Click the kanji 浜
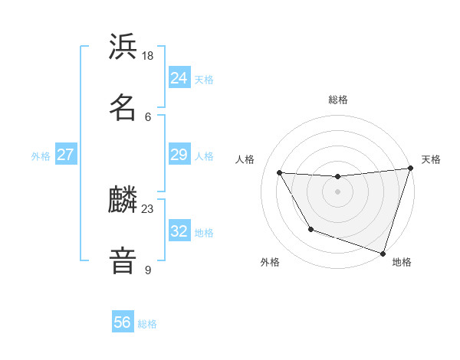(123, 47)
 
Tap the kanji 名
(123, 107)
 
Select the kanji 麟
(123, 201)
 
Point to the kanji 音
(123, 261)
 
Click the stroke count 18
(148, 56)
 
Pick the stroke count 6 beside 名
(148, 116)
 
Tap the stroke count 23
(148, 209)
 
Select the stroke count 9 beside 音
(148, 270)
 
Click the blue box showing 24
(179, 77)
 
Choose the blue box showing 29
(179, 155)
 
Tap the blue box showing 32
(179, 231)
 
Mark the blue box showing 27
(66, 155)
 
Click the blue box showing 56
(123, 322)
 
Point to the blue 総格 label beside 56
(147, 324)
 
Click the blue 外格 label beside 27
(41, 156)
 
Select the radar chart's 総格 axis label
(338, 100)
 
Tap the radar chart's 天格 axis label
(431, 159)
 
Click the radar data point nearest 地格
(383, 253)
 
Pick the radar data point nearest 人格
(280, 173)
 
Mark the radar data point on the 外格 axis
(310, 229)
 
